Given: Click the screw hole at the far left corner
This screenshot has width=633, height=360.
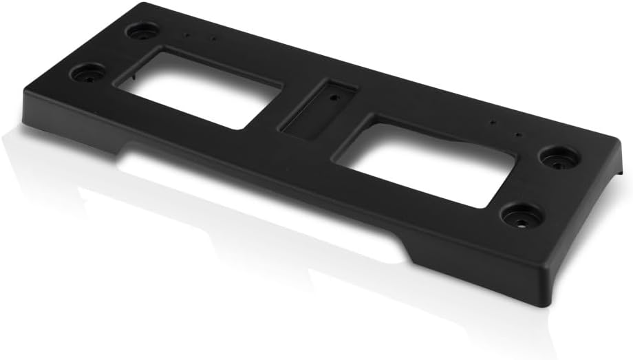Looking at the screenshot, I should (141, 31).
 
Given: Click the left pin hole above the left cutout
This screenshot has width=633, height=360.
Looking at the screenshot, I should (186, 32).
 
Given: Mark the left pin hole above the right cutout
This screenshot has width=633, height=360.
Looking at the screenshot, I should (493, 125).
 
